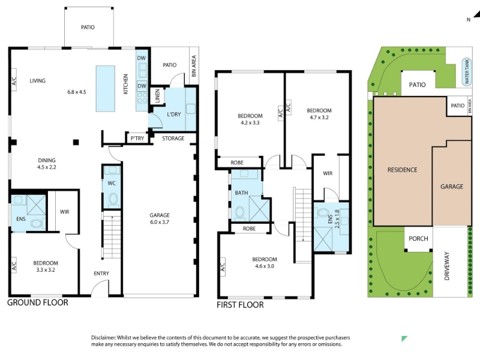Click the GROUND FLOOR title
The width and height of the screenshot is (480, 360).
point(38,302)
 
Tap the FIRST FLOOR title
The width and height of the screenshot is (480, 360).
point(240,305)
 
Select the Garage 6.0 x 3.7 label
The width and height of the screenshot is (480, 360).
point(160,218)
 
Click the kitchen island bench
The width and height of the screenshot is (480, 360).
point(106,88)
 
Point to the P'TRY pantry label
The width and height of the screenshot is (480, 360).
point(137,139)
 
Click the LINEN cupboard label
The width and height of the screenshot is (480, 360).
point(157,95)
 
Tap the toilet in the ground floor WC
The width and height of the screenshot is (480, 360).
point(113,199)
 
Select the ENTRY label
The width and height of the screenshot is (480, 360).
point(101,274)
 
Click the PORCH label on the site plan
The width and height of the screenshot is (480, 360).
point(418,238)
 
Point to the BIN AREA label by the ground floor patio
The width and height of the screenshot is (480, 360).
point(193,66)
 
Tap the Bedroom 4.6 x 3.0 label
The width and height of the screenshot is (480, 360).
point(265,263)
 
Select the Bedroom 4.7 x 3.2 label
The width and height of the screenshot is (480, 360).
point(319,114)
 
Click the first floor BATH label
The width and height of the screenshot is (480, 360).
point(241,193)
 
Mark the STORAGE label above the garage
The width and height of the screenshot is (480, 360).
point(173,139)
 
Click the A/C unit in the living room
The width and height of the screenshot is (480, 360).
point(14,80)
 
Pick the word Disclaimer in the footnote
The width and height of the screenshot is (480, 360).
point(103,338)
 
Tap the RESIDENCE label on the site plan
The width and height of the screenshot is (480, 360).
point(402,170)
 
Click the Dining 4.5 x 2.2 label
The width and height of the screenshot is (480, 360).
point(47,164)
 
